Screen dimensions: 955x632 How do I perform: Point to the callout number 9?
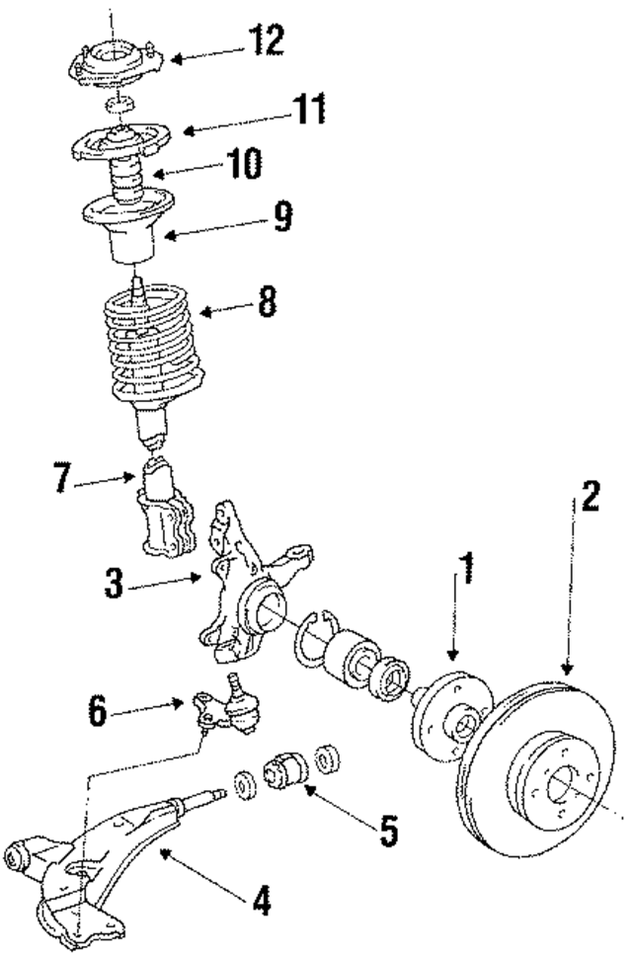tap(282, 216)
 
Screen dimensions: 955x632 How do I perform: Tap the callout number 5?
tap(389, 831)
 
